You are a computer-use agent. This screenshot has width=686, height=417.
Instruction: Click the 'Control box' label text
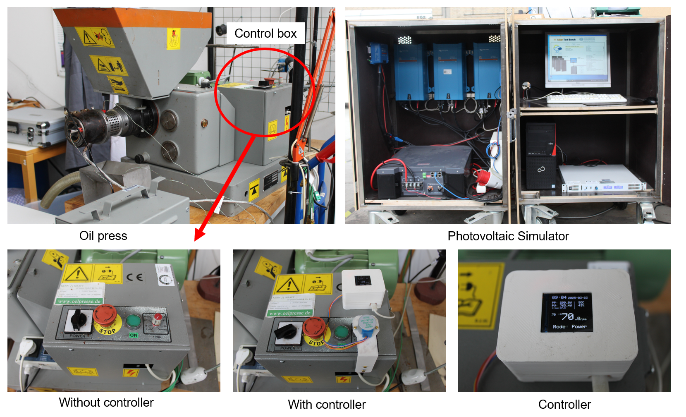[265, 34]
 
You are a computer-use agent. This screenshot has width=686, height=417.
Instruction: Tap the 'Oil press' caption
[103, 236]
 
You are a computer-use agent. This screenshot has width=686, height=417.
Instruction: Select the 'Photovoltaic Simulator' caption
[508, 236]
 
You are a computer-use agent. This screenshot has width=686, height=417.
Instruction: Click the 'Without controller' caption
[106, 403]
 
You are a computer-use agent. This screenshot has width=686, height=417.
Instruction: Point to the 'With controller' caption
[327, 404]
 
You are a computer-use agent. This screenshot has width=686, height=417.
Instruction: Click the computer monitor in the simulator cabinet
[578, 60]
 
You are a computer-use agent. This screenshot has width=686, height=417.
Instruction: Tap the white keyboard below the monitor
[586, 99]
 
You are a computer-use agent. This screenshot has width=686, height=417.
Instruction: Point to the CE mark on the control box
[135, 277]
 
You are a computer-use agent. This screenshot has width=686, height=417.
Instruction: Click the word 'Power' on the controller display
[579, 326]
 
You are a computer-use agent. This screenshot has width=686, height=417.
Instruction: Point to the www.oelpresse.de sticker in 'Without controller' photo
[80, 301]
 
